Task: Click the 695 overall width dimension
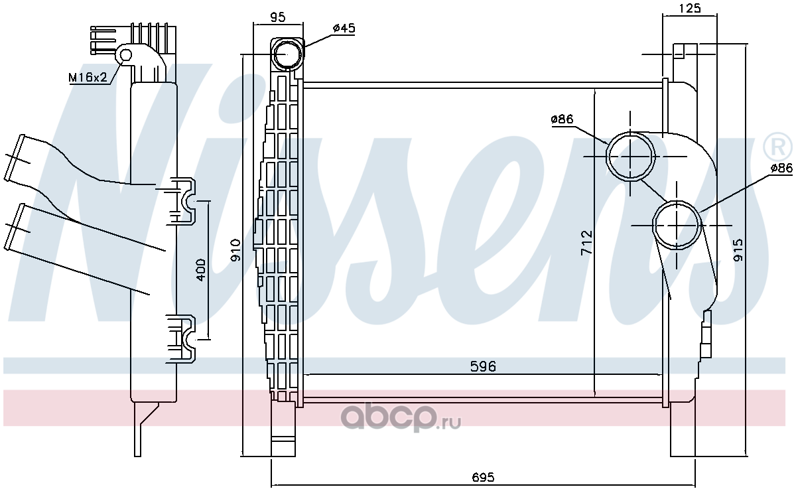(484, 476)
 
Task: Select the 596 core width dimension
(483, 366)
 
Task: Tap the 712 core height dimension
(586, 242)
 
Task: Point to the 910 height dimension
(235, 250)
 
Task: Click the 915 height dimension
(738, 250)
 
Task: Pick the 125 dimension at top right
(690, 9)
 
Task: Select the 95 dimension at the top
(277, 17)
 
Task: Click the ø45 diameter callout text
(344, 28)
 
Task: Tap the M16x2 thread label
(88, 77)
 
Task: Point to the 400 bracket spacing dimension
(201, 269)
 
